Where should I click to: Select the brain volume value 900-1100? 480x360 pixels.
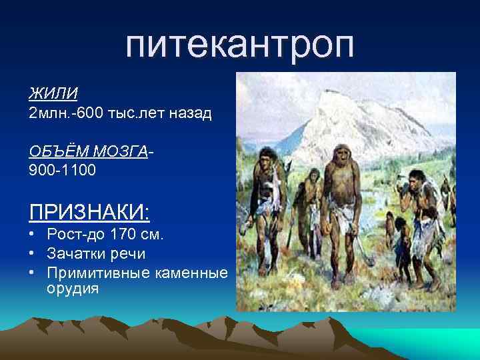62,171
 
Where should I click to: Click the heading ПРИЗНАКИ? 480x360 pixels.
89,213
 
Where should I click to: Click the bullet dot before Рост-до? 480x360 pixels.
32,235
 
